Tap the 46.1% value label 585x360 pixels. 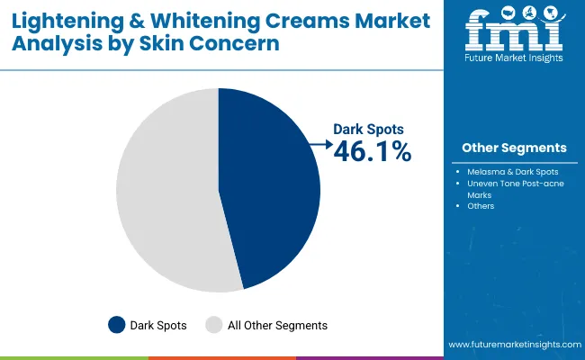pos(372,153)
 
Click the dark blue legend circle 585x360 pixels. pos(117,325)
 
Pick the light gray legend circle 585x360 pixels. pos(214,325)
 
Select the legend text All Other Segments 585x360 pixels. pos(278,325)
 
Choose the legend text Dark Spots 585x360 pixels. pos(158,325)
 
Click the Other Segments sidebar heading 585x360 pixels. pos(514,148)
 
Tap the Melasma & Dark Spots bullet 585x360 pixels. pos(512,171)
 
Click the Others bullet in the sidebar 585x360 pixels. pos(481,206)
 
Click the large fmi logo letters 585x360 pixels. pos(513,31)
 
